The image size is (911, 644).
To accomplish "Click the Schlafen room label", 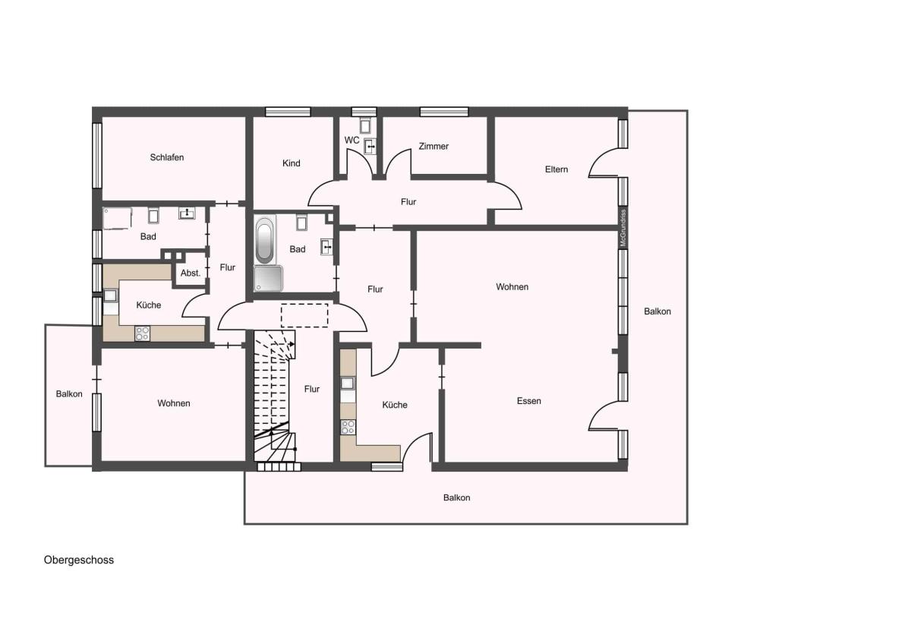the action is (167, 157).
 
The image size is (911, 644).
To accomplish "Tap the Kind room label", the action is (292, 163).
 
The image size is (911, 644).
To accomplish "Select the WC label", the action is (351, 140).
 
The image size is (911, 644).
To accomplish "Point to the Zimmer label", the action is (433, 146).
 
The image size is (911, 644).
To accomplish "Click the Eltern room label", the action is (556, 169).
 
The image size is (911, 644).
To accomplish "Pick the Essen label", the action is (528, 401).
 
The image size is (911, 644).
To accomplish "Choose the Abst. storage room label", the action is (191, 273).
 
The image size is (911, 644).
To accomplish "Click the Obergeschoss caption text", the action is (79, 560).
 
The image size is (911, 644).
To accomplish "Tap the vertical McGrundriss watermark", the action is (623, 228).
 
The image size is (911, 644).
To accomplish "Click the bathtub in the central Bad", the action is (265, 241).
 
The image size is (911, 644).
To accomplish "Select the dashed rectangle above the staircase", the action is (304, 315).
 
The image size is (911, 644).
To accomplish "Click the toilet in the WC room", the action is (365, 125).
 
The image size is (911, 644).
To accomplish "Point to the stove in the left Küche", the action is (143, 333).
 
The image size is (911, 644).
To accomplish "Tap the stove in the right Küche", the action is (348, 428).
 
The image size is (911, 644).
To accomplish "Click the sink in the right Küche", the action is (348, 384).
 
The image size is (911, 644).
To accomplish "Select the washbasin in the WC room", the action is (370, 147).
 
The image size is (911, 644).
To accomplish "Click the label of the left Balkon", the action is (69, 394).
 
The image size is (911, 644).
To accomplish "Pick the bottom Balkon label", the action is (457, 497).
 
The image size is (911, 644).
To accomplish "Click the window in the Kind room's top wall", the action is (288, 112).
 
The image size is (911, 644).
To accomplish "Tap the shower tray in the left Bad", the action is (118, 219).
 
